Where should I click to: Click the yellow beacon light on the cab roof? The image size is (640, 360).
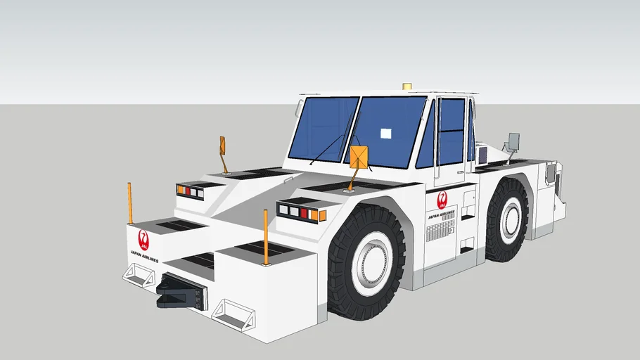(407, 86)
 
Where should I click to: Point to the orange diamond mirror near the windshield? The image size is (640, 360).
(359, 157)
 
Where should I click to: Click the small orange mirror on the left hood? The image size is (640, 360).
(222, 146)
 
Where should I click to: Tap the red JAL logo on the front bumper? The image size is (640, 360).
(143, 240)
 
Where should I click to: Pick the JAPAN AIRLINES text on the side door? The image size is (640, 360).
(441, 214)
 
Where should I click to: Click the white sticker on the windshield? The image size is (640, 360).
(385, 133)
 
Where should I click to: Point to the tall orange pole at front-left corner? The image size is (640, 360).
(130, 203)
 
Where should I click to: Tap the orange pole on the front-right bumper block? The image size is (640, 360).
(266, 237)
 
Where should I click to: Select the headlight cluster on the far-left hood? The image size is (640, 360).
(190, 191)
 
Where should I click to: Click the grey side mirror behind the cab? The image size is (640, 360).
(513, 141)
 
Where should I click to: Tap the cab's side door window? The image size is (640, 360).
(452, 131)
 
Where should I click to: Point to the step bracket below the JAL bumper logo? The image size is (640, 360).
(139, 275)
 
